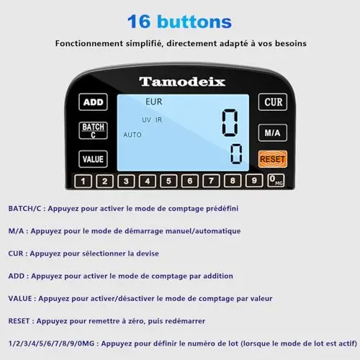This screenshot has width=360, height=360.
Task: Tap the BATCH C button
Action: [x=93, y=130]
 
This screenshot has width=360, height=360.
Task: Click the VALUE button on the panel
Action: [x=93, y=159]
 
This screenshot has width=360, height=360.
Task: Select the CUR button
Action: [x=273, y=102]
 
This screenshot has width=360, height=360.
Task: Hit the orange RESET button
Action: [x=273, y=159]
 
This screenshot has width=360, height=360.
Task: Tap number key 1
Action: [x=83, y=181]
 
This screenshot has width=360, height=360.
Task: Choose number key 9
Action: [x=254, y=181]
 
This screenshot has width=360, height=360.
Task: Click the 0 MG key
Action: [x=276, y=180]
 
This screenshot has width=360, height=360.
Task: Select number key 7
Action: [x=211, y=181]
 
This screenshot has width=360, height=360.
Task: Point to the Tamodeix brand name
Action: [x=182, y=82]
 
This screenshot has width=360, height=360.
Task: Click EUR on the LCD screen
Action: [x=154, y=102]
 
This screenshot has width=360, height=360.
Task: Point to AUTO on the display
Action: [x=132, y=135]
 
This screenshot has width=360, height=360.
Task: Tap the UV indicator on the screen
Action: [x=146, y=120]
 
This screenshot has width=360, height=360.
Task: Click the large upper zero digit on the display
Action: [x=230, y=123]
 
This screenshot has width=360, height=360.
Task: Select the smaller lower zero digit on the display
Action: [x=236, y=154]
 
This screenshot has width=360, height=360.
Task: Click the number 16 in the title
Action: [x=139, y=22]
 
